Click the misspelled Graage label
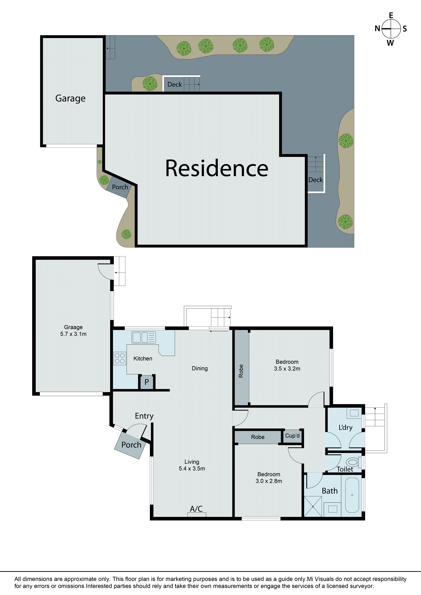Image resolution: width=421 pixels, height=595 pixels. tap(73, 327)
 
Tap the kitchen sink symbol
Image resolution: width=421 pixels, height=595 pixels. tap(144, 337)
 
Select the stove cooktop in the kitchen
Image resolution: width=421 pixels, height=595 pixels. tap(120, 359)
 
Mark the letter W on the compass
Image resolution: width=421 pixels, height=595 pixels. tap(390, 43)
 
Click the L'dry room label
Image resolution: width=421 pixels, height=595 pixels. tap(346, 428)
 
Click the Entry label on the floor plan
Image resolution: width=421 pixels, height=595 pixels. tap(144, 416)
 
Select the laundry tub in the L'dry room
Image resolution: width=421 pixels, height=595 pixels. tap(354, 413)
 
